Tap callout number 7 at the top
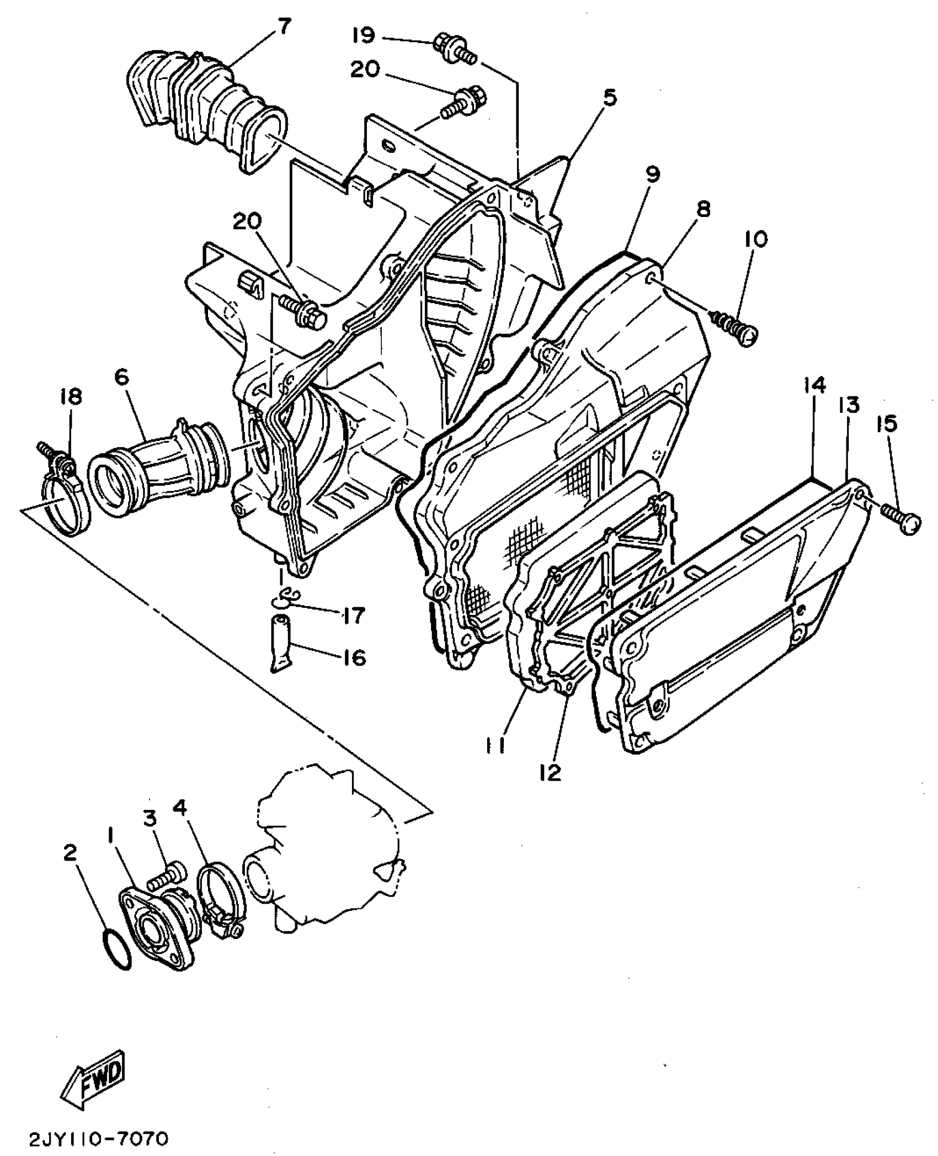coord(283,26)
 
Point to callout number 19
coord(364,35)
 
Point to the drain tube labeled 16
coord(281,644)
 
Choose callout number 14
coord(814,386)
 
